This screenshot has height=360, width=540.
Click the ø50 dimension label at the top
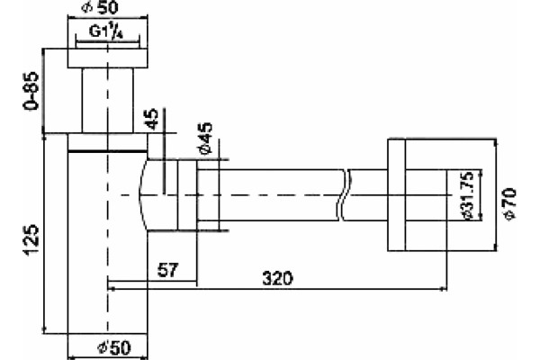(x=100, y=7)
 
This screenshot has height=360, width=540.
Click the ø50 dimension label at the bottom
(x=114, y=347)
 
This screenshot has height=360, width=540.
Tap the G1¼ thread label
(x=106, y=31)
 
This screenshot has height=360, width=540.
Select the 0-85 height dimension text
(x=30, y=91)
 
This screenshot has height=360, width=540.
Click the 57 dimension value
(x=168, y=270)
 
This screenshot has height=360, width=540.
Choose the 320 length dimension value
(x=277, y=278)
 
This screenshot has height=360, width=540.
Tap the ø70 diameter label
(x=509, y=203)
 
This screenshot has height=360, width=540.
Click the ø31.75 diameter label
(x=467, y=195)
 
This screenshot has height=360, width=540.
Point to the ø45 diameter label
(x=205, y=139)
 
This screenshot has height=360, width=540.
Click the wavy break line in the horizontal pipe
(x=344, y=195)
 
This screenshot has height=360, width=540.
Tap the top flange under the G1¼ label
(x=107, y=58)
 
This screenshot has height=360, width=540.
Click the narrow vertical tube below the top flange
(x=107, y=100)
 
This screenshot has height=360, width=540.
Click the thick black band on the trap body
(x=107, y=151)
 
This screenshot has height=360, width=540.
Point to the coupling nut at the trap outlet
(x=188, y=195)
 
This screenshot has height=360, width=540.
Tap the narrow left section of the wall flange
(x=396, y=195)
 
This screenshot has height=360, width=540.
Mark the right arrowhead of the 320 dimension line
(x=444, y=290)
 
